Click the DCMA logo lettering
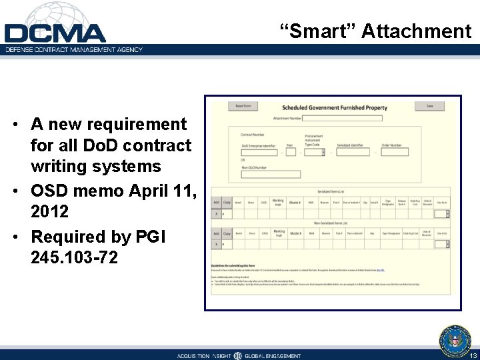(55, 33)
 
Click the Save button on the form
(429, 106)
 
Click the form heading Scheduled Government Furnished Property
(334, 107)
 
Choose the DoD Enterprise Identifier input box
(259, 152)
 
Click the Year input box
(291, 152)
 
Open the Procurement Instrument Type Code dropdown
(315, 152)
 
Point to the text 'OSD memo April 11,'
(113, 191)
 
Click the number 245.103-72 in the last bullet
(74, 257)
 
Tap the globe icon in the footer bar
(237, 356)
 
